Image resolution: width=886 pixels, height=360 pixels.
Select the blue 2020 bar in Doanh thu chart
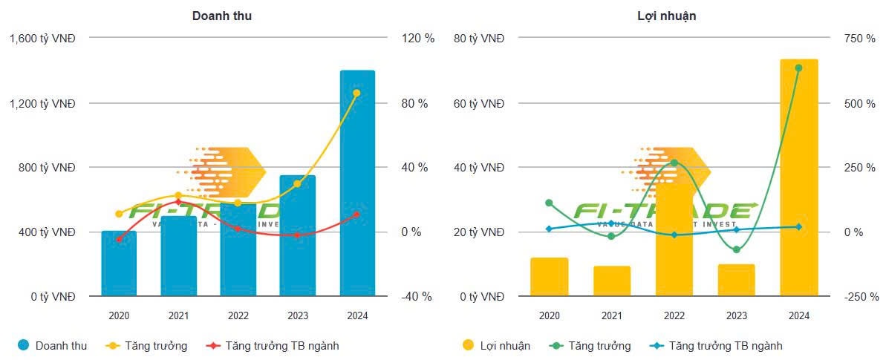[119, 264]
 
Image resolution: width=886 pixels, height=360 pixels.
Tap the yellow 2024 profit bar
[798, 178]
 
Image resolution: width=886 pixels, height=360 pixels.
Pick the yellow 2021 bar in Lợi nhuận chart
[611, 281]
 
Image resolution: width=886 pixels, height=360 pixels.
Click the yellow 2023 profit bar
[736, 280]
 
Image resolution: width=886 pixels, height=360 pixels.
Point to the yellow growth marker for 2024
[356, 94]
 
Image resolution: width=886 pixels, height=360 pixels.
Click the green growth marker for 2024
[798, 68]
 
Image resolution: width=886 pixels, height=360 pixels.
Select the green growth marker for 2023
[736, 249]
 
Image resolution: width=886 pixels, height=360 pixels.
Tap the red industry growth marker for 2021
[178, 202]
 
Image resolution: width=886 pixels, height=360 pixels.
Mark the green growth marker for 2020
[549, 203]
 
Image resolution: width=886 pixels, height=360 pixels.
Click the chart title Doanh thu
[221, 16]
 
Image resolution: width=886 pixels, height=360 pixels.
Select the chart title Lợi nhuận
[666, 16]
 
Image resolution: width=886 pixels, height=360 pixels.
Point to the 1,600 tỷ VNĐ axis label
[43, 39]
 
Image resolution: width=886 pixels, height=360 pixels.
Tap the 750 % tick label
[859, 39]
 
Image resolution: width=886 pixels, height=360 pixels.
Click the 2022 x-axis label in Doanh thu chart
[238, 315]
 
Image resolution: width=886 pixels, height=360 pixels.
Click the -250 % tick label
[859, 297]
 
